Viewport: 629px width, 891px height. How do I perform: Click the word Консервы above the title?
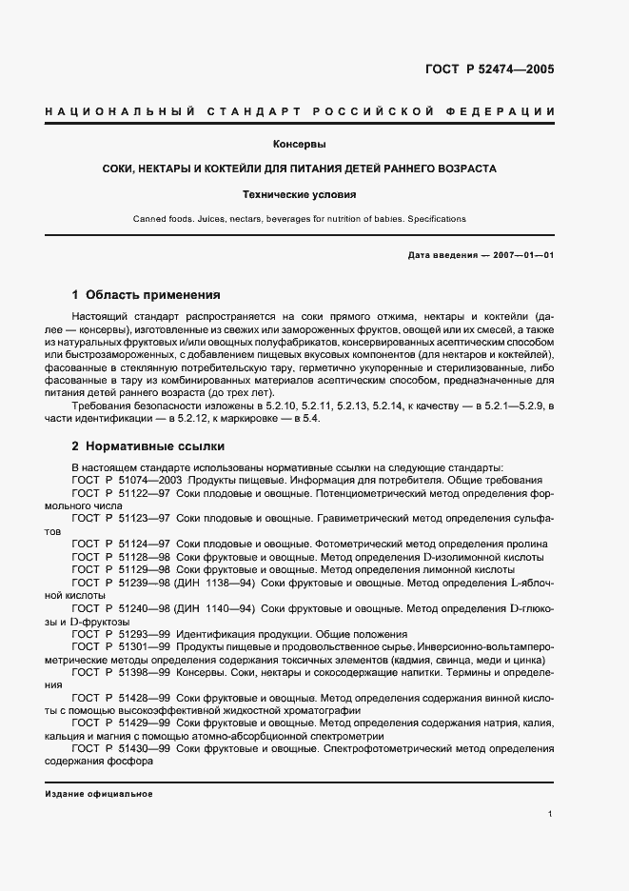299,145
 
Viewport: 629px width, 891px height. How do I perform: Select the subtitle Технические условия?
299,194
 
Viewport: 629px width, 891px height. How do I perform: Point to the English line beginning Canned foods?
299,219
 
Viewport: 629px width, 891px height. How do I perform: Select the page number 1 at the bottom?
551,813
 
